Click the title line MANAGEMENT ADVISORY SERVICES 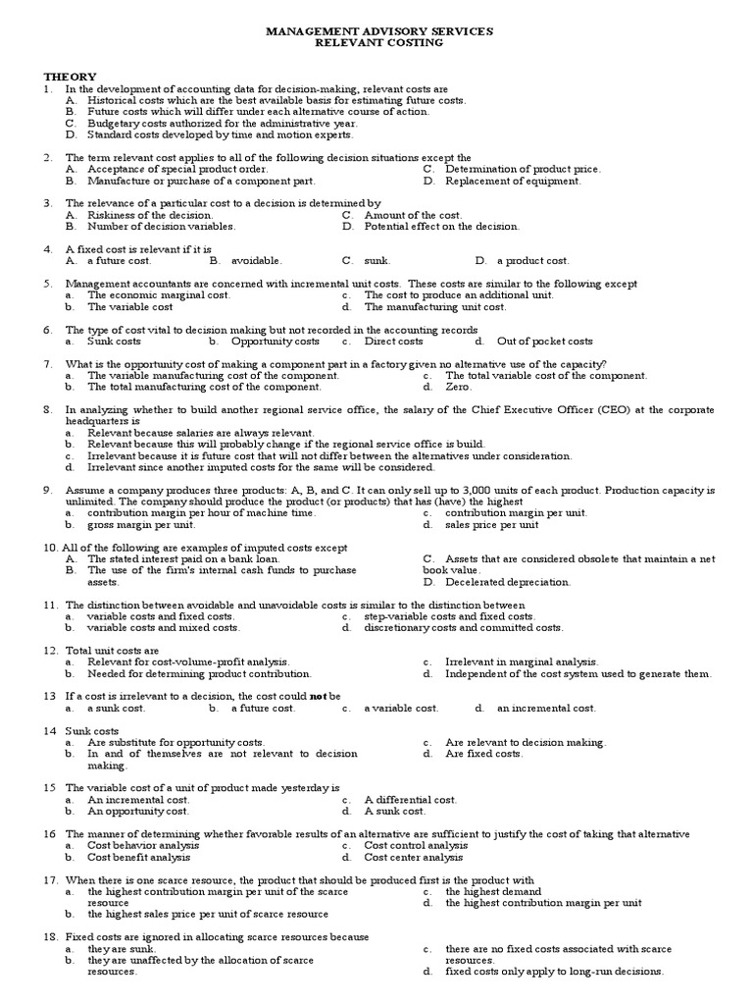379,31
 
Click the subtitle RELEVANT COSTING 379,43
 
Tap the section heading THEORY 70,77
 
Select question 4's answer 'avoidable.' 256,261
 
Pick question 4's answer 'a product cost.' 532,261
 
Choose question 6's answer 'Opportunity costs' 275,342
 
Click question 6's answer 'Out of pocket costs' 544,342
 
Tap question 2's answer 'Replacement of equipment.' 513,181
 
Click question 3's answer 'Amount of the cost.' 413,215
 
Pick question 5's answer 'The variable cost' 129,307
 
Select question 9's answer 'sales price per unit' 491,525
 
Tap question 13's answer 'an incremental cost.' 545,708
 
